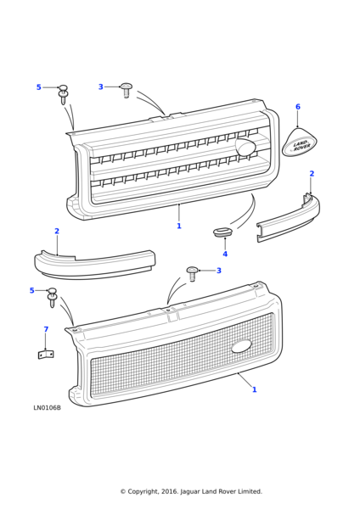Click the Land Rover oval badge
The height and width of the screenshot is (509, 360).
[x=299, y=142]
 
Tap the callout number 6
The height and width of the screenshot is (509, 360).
[x=298, y=107]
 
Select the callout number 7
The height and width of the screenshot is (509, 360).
[x=46, y=329]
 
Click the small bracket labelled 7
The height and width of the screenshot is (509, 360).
[x=46, y=355]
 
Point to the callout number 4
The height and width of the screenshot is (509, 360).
[x=225, y=254]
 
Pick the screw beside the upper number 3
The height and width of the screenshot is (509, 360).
[x=126, y=90]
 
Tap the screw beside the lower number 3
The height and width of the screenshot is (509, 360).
[x=192, y=274]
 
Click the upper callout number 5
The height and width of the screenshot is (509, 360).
[x=39, y=87]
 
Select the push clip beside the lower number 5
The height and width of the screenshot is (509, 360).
[x=52, y=297]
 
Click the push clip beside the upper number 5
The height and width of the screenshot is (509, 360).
[x=63, y=94]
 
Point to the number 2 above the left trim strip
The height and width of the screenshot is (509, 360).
[x=57, y=231]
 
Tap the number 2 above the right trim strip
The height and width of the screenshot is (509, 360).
[x=312, y=174]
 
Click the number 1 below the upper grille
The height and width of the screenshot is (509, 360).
[x=179, y=226]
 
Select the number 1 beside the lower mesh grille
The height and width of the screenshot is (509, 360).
[x=255, y=389]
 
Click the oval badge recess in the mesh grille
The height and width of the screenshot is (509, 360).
[x=241, y=346]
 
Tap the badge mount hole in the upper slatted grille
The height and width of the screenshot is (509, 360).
[x=245, y=147]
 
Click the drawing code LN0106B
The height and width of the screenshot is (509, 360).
[x=47, y=408]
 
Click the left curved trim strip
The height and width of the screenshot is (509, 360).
[x=94, y=264]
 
